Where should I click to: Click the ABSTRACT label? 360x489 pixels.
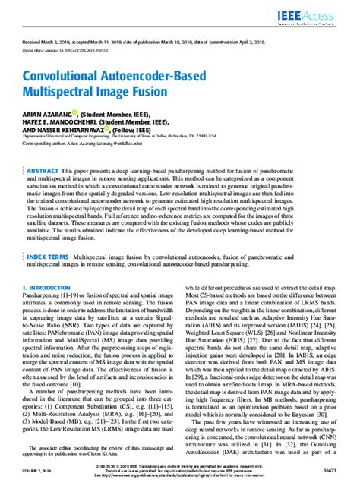[51, 172]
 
